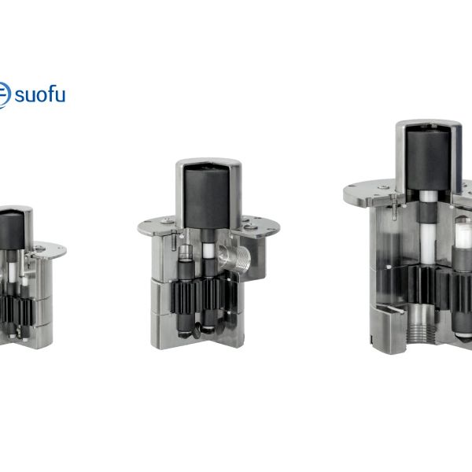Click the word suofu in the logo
40,94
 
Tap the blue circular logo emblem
4,95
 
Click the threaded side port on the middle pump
235,258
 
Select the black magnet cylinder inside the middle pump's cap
206,198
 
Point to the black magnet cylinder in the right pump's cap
429,160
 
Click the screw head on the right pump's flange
383,187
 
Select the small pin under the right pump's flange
393,208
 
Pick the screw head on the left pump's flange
39,249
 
